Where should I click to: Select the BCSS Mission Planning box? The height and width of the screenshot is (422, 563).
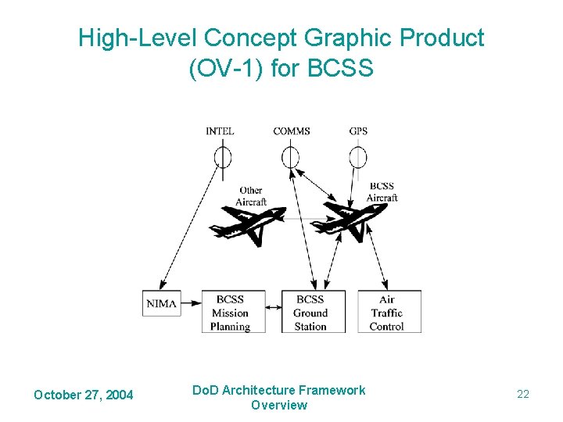231,313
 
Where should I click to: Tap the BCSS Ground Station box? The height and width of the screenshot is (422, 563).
310,313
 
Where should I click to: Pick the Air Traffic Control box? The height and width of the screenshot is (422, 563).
388,313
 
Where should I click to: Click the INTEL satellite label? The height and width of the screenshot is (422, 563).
220,131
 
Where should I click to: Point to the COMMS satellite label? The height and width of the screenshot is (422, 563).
291,131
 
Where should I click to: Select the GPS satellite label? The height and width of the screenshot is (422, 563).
358,131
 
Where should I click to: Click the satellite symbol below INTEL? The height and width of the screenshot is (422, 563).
223,157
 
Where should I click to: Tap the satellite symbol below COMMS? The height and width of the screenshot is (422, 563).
290,157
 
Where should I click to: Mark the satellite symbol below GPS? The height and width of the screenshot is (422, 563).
358,157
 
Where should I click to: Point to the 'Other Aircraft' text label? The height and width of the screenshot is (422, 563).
251,196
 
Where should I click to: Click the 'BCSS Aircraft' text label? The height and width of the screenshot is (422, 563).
382,192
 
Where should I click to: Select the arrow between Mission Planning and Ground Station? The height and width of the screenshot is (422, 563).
272,308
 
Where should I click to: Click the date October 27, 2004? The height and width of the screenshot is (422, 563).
83,395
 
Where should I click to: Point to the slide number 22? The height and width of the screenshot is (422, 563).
523,395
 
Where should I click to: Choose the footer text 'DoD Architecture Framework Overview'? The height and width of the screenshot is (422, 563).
279,397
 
